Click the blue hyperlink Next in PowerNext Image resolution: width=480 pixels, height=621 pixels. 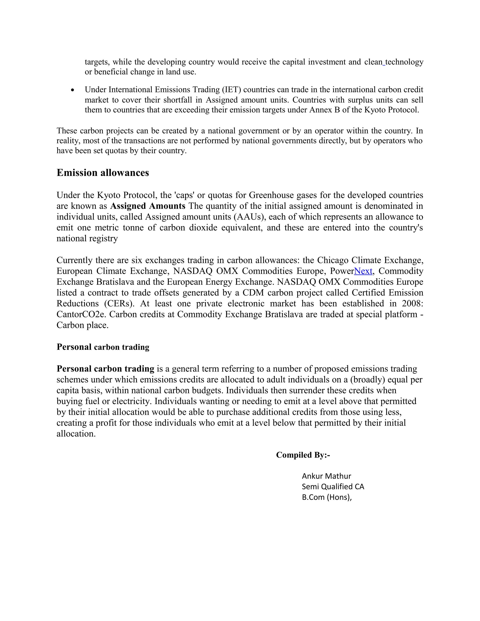pyautogui.click(x=363, y=271)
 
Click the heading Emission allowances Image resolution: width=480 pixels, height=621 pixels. pyautogui.click(x=103, y=173)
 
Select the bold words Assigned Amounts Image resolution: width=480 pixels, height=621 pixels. pyautogui.click(x=148, y=206)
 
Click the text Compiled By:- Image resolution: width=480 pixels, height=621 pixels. pyautogui.click(x=303, y=455)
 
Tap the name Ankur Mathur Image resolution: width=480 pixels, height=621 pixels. pyautogui.click(x=326, y=476)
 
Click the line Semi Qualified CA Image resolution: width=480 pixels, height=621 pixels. pyautogui.click(x=333, y=486)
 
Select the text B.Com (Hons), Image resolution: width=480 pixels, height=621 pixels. pyautogui.click(x=326, y=497)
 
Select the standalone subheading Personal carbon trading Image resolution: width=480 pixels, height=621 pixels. pyautogui.click(x=103, y=347)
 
